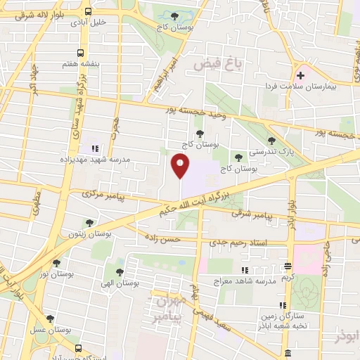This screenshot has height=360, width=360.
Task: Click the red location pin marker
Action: click(x=181, y=166)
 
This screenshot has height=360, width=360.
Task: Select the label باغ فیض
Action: click(x=218, y=65)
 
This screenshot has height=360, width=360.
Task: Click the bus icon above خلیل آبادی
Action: click(x=88, y=12)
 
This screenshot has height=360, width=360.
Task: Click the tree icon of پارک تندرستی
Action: click(x=272, y=141)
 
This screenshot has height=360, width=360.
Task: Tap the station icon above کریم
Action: click(x=287, y=266)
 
